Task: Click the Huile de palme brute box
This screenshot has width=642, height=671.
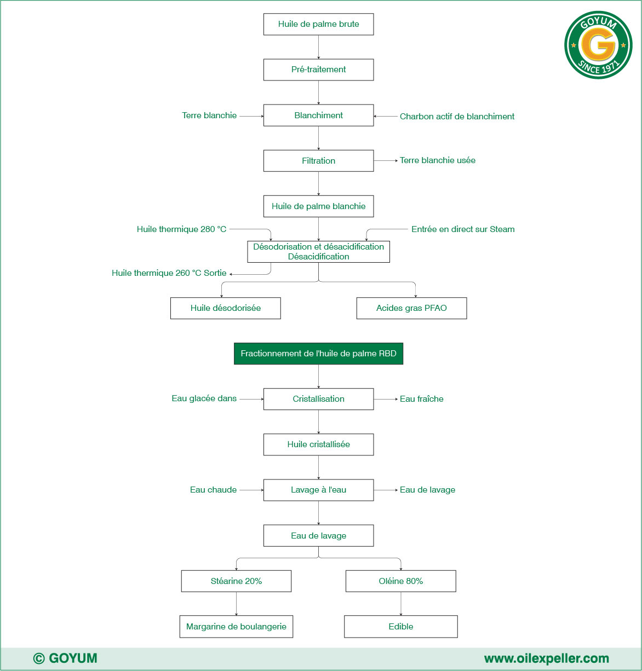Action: tap(318, 25)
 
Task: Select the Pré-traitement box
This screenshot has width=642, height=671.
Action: tap(318, 70)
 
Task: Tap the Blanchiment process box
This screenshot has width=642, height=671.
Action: tap(318, 115)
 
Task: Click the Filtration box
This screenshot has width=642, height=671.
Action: tap(318, 161)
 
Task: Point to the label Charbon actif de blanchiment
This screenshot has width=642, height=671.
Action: tap(457, 117)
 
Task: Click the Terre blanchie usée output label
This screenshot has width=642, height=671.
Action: tap(437, 160)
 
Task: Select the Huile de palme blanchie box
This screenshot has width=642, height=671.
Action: tap(318, 206)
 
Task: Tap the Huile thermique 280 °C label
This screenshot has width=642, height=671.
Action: tap(181, 229)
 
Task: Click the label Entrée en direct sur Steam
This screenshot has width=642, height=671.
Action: tap(463, 229)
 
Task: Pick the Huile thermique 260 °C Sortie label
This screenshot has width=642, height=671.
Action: tap(169, 273)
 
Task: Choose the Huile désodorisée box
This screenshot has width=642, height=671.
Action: tap(225, 308)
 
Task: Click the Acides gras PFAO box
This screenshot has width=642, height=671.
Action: tap(411, 308)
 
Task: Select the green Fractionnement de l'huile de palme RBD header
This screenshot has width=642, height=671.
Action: tap(318, 354)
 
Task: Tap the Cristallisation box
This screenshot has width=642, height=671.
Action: tap(318, 399)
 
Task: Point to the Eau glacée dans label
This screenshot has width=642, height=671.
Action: tap(204, 399)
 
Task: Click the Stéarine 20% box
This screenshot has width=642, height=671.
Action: tap(236, 581)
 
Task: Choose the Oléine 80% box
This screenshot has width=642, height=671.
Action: tap(400, 581)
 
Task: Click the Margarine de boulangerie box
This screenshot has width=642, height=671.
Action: tap(236, 627)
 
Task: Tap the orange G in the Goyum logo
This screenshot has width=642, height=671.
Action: tap(598, 45)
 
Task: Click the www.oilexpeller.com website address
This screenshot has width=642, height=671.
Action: tap(546, 658)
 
